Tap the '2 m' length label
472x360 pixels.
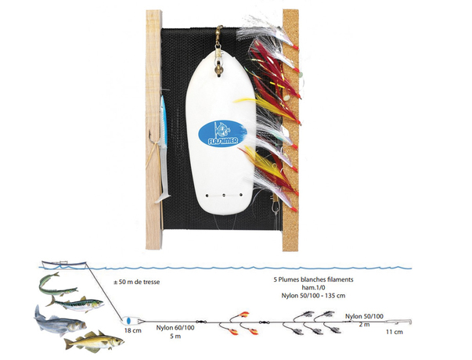point(365,323)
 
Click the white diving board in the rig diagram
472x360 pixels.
point(127,322)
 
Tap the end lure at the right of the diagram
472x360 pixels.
point(402,322)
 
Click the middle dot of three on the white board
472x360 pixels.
point(222,194)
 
